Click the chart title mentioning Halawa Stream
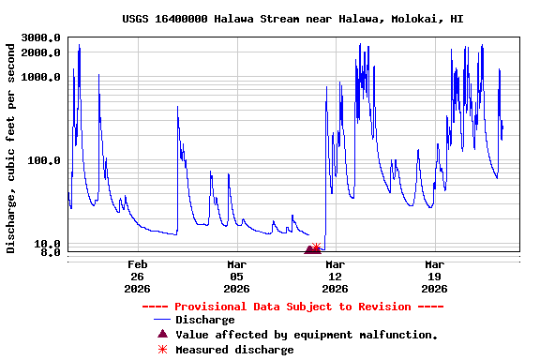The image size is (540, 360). [x=292, y=19]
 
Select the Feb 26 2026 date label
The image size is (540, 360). [x=138, y=277]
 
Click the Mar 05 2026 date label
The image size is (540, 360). [x=236, y=277]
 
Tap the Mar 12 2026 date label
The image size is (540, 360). [x=335, y=277]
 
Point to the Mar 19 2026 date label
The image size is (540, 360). [x=434, y=277]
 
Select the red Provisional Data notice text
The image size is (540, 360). [x=292, y=307]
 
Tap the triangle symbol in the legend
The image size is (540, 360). [x=162, y=334]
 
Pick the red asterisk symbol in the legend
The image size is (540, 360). [x=162, y=350]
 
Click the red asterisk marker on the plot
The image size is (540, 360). [x=317, y=247]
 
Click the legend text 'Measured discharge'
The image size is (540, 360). [x=234, y=350]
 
